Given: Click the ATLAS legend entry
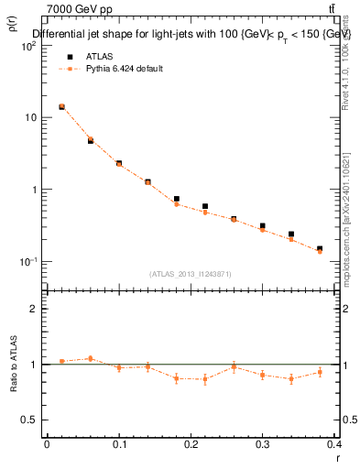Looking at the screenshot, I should (x=98, y=56).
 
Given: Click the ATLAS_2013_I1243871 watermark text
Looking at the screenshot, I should (x=191, y=274).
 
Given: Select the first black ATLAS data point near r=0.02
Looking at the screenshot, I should (x=61, y=106).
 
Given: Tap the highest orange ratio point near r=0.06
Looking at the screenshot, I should (x=90, y=358).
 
